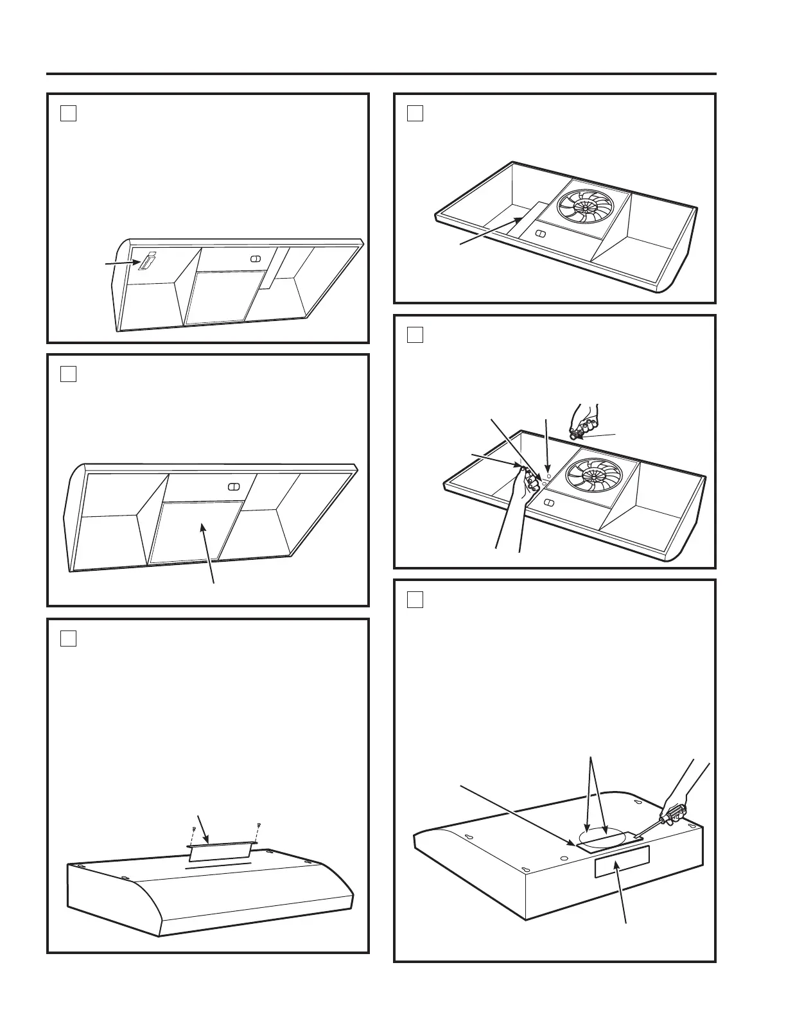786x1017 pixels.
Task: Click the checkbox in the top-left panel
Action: (68, 113)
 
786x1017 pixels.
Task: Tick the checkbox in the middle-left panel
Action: (68, 374)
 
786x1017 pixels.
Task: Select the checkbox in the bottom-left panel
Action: (68, 638)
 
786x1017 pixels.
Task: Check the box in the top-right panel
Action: (415, 113)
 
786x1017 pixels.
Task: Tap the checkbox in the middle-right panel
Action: (415, 335)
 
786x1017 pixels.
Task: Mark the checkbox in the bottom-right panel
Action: (415, 599)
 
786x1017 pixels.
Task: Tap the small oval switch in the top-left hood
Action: (254, 258)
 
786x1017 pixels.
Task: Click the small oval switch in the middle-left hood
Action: (234, 486)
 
